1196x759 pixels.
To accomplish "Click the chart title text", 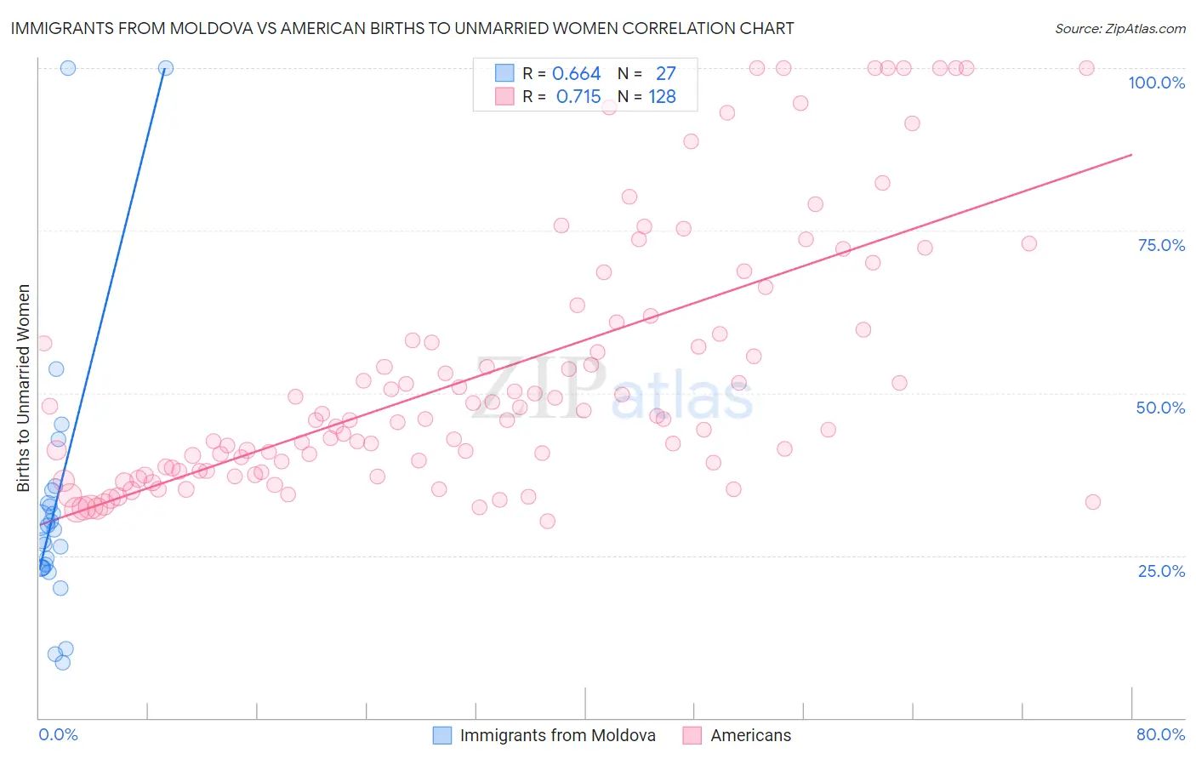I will (402, 28).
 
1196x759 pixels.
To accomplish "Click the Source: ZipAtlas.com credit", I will (1119, 28).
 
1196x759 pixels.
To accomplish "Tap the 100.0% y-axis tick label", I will (1156, 83).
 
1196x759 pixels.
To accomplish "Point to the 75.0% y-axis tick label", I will (1161, 245).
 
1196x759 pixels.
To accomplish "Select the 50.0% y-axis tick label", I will (1160, 408).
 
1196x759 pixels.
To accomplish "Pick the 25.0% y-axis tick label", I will (1161, 570).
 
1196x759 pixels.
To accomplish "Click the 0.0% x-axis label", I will (58, 734).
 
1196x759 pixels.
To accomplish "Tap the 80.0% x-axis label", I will (1160, 734).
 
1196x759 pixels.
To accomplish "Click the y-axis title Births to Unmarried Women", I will (24, 388).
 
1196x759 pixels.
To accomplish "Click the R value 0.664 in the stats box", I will (576, 74).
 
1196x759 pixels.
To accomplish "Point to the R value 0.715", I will (578, 97).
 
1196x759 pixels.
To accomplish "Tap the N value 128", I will (662, 97).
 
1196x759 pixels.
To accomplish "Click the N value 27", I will (665, 74).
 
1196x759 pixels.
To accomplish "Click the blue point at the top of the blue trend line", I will (166, 68).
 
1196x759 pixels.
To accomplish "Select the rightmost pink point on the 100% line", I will (1086, 68).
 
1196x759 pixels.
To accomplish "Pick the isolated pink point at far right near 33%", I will (1093, 502).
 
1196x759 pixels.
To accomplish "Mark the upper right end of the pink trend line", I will (1131, 154).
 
